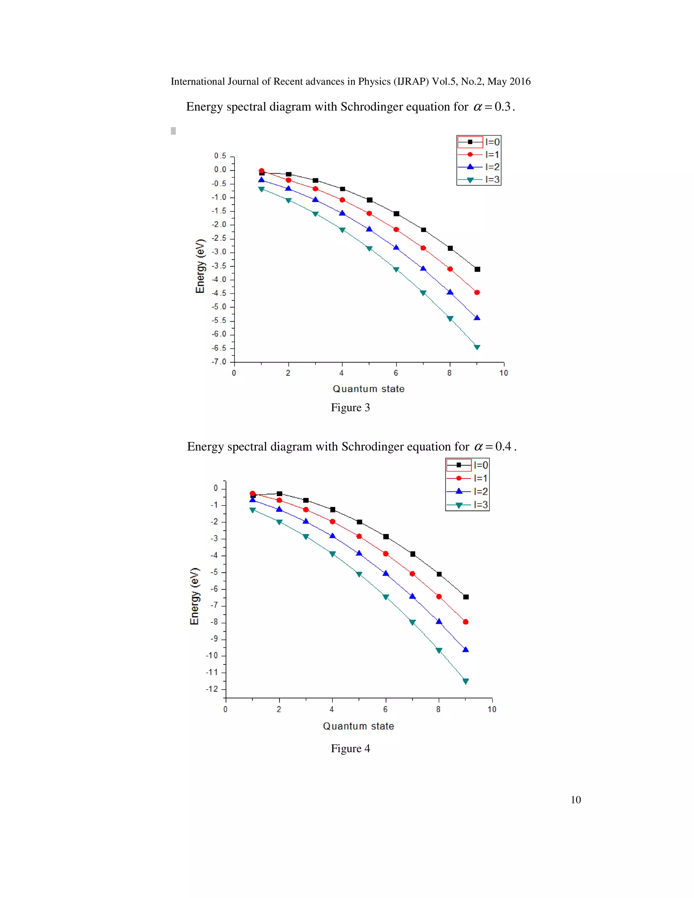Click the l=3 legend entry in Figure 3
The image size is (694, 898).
[479, 180]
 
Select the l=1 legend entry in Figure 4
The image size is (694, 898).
[467, 478]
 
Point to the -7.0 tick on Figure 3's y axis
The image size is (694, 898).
[219, 362]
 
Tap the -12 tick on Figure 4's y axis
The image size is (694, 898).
[212, 689]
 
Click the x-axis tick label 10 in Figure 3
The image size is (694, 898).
[504, 373]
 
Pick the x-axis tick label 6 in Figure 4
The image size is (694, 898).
[385, 709]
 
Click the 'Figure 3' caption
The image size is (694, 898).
[350, 407]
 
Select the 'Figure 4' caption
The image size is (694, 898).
[350, 748]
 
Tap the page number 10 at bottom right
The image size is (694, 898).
[576, 800]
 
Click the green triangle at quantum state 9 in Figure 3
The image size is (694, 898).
[477, 347]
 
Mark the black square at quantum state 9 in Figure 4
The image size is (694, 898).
[466, 597]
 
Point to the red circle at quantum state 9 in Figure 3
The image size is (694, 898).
[477, 292]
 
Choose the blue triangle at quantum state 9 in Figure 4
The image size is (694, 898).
[465, 650]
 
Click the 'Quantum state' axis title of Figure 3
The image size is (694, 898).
[368, 389]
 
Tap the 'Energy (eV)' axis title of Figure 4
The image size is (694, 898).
[195, 596]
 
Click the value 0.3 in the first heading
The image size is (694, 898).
[503, 107]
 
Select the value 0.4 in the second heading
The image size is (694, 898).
[503, 447]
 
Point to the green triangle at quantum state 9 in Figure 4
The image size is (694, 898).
[465, 681]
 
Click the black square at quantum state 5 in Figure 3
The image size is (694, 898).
[370, 200]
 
